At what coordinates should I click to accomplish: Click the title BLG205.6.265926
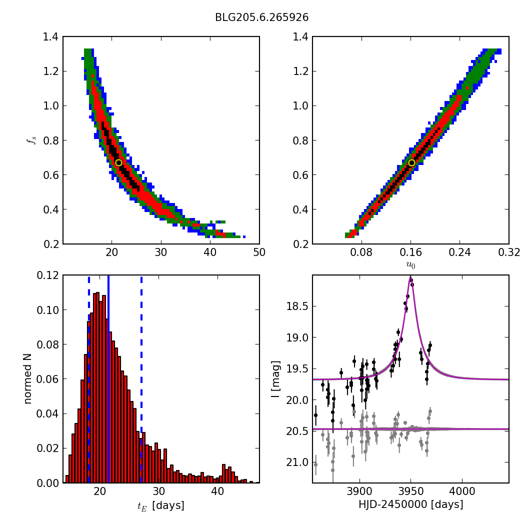261,17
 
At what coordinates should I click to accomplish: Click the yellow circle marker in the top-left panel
118,162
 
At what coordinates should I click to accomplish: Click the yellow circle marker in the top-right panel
411,162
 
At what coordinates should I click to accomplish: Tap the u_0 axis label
410,265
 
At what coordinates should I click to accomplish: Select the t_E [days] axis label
160,505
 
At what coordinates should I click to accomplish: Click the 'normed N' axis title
28,379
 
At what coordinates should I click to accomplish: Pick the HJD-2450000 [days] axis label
410,505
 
